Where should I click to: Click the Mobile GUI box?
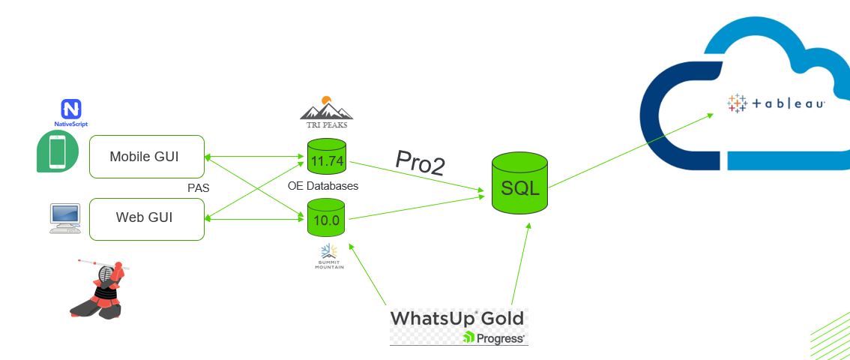pyautogui.click(x=146, y=156)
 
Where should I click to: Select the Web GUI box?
pyautogui.click(x=146, y=218)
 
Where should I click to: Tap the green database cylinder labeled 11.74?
pyautogui.click(x=326, y=160)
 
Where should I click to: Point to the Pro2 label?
pyautogui.click(x=420, y=164)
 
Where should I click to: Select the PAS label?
pyautogui.click(x=198, y=187)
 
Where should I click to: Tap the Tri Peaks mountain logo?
pyautogui.click(x=326, y=109)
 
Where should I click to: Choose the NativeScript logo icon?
pyautogui.click(x=72, y=109)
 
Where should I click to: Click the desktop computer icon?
pyautogui.click(x=64, y=217)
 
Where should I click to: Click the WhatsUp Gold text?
pyautogui.click(x=456, y=318)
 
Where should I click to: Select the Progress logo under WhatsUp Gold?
pyautogui.click(x=495, y=337)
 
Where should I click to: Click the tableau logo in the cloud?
pyautogui.click(x=776, y=103)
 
